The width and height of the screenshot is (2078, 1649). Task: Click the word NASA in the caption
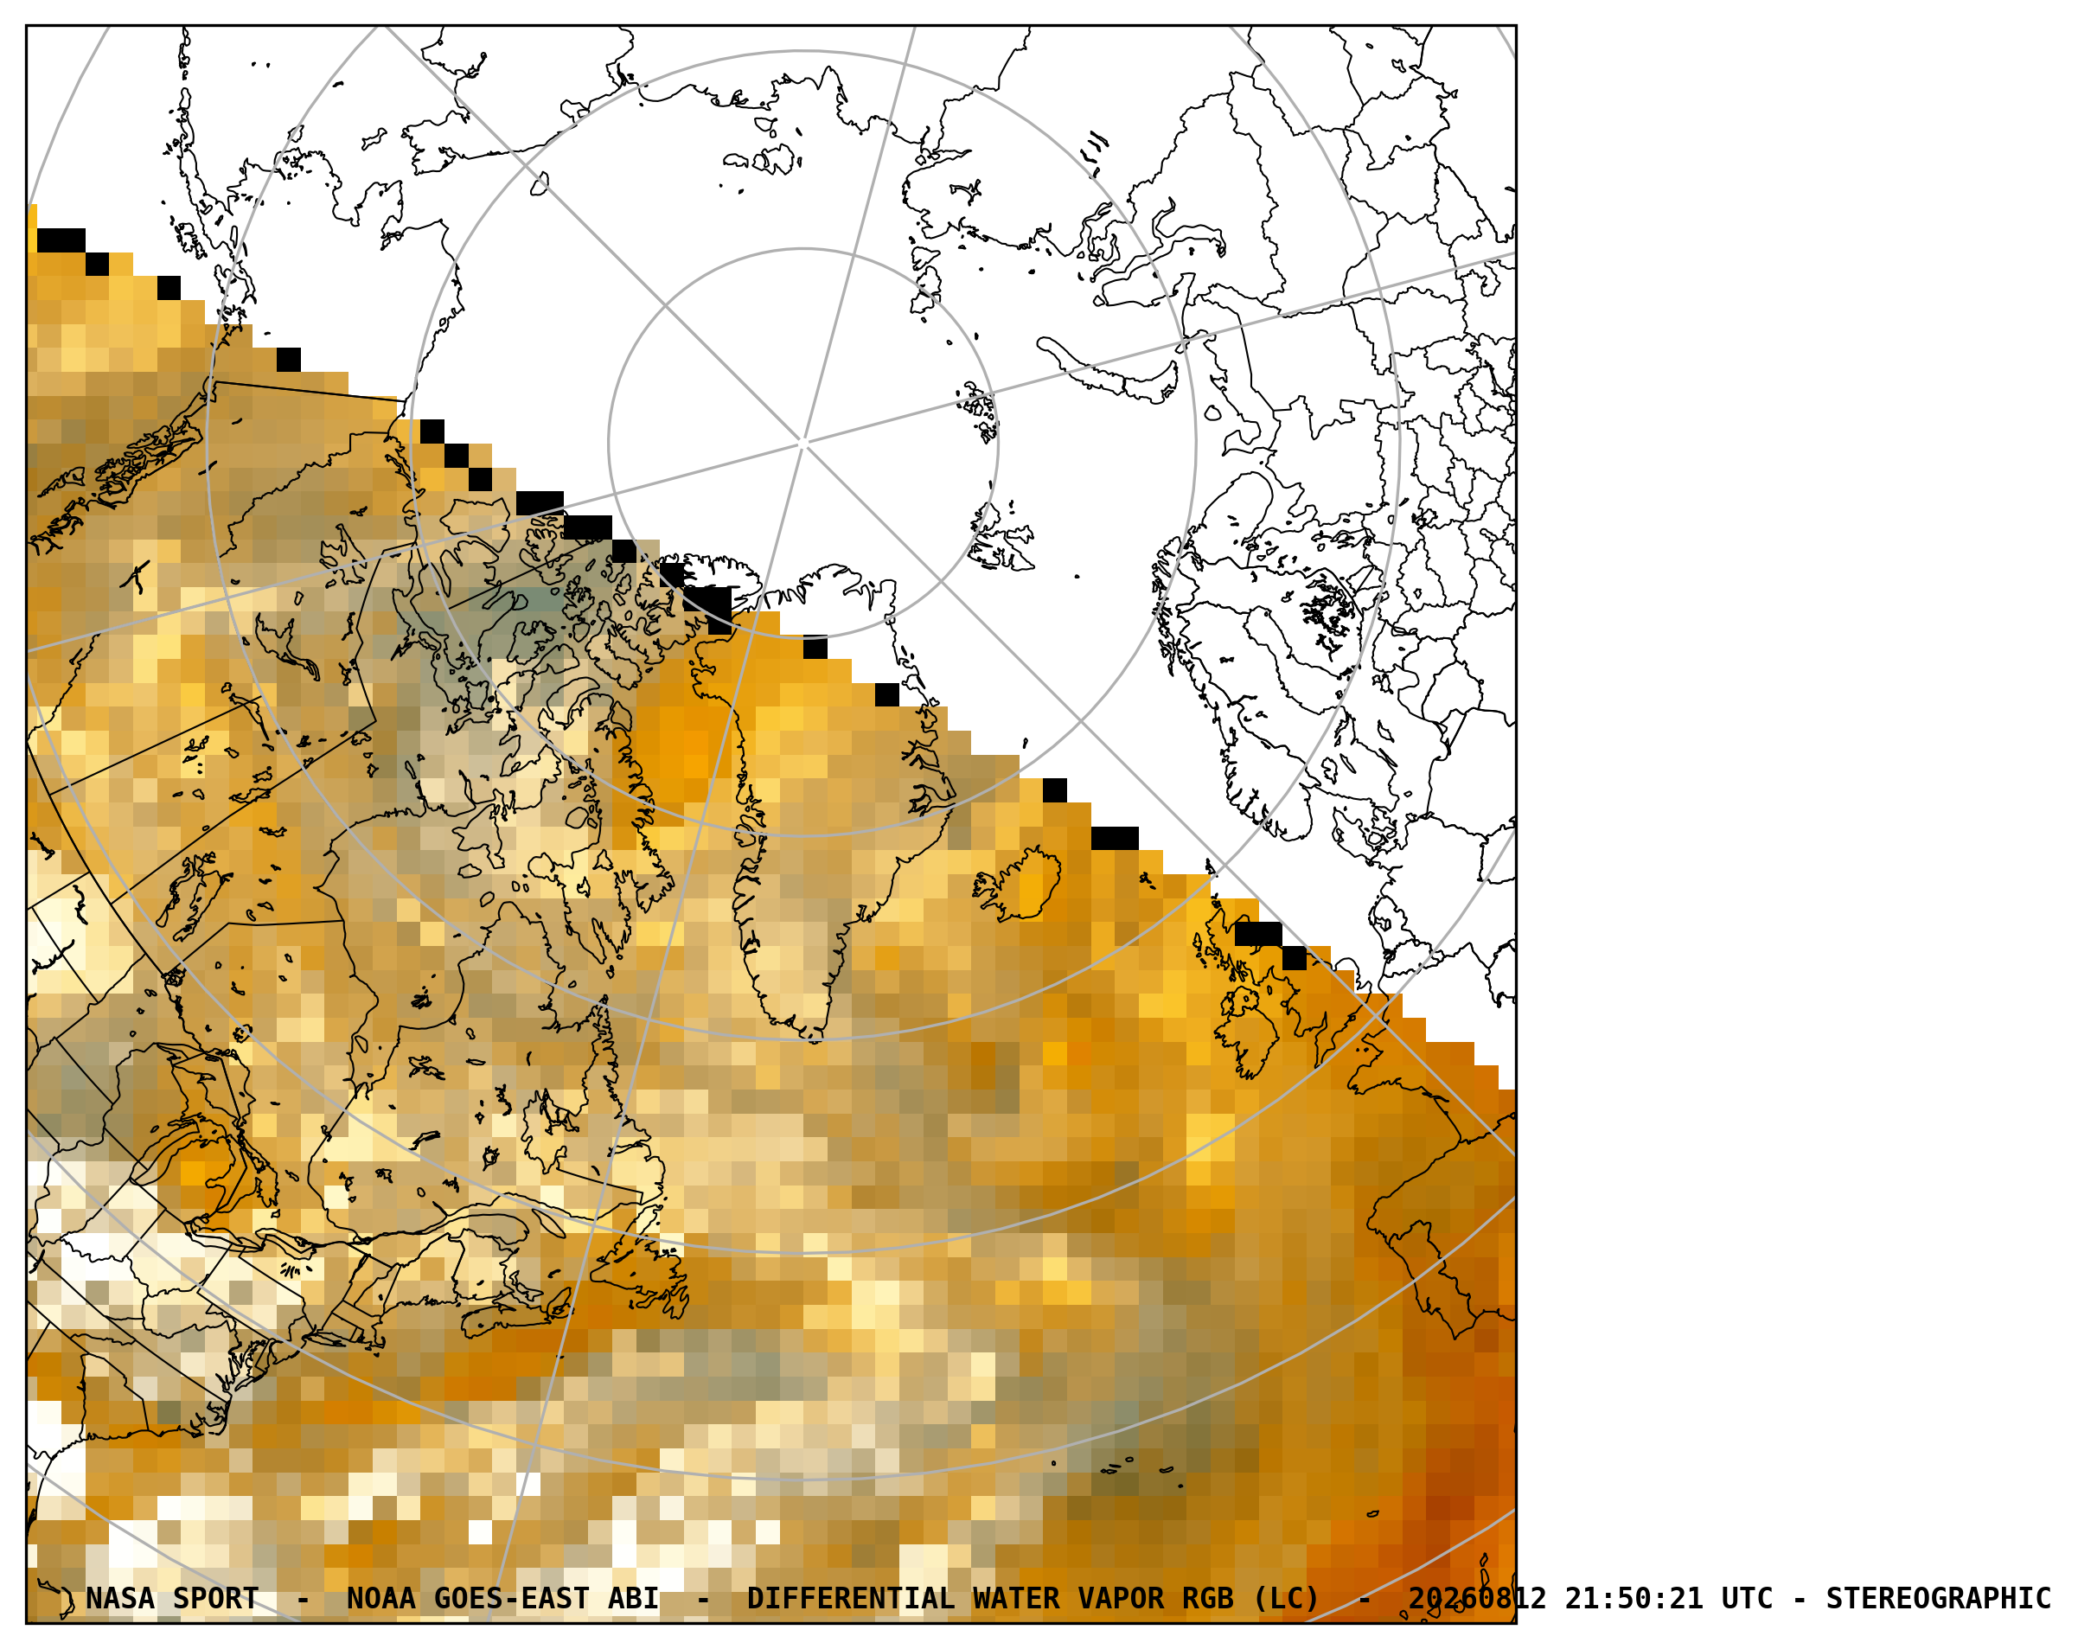click(119, 1598)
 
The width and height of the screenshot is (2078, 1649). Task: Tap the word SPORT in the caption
click(215, 1598)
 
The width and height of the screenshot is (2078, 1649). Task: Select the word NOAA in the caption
click(380, 1598)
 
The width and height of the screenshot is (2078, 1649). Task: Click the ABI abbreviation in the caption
click(633, 1598)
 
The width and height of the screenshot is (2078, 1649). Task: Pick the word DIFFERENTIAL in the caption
click(850, 1598)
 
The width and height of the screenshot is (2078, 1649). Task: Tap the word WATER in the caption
click(1016, 1598)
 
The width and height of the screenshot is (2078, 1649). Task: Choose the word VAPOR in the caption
click(1120, 1598)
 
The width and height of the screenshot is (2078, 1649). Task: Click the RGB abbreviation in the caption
click(1208, 1598)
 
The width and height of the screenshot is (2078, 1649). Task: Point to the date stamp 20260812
click(1477, 1598)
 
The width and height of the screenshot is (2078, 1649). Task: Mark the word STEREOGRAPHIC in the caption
click(1938, 1598)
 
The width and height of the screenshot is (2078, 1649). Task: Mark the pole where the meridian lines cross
click(804, 444)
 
